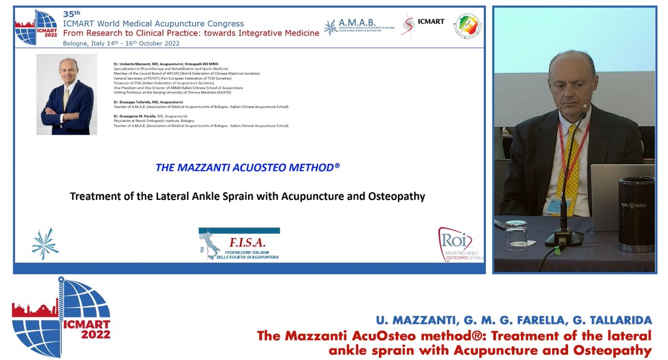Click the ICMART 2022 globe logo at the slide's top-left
[36, 27]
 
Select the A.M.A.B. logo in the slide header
[359, 26]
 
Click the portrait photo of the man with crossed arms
[67, 94]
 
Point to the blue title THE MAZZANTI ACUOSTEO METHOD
[247, 167]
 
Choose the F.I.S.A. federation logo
[239, 244]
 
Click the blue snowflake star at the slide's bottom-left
[45, 244]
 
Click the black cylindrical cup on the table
[636, 214]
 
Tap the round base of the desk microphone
[564, 238]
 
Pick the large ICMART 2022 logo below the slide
[61, 317]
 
